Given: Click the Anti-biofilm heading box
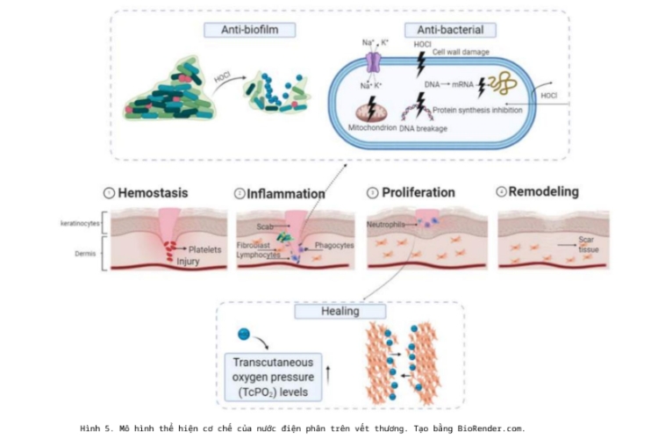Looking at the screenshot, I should coord(249,30).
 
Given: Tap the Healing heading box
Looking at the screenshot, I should coord(327,312).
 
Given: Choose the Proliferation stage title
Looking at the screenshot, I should coord(418,192).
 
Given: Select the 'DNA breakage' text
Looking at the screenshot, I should coord(424,128).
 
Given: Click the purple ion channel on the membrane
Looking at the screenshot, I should coord(375,63).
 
